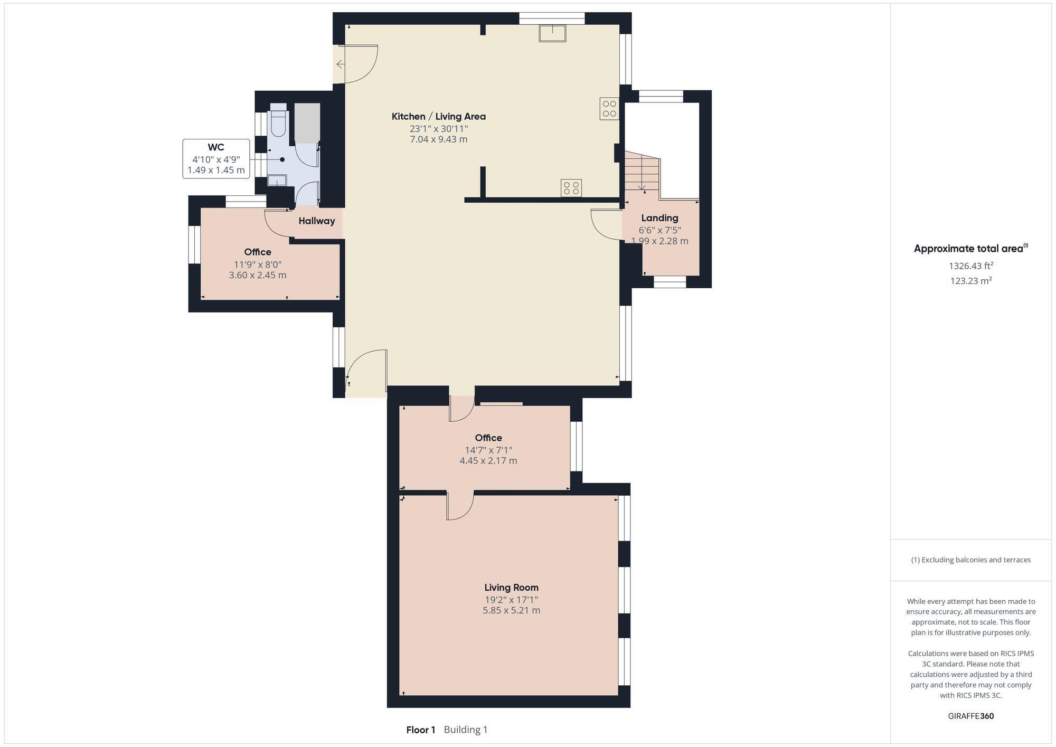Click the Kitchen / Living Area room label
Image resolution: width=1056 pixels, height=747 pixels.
(438, 117)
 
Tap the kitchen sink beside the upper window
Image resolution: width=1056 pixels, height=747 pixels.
(552, 33)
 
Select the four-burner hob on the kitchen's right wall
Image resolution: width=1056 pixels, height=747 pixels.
(609, 109)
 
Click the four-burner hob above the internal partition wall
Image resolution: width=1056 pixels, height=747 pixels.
(571, 188)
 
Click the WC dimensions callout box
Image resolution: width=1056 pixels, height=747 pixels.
(216, 159)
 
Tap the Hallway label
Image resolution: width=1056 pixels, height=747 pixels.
(316, 221)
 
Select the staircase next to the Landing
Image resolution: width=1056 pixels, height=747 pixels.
(642, 172)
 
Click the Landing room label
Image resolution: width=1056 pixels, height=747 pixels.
(659, 218)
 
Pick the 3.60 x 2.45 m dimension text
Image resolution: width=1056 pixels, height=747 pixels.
(258, 275)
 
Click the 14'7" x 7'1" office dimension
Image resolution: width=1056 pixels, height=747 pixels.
(488, 450)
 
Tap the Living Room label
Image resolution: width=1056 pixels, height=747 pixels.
(511, 588)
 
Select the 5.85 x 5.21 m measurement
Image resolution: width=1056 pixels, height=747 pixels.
(511, 610)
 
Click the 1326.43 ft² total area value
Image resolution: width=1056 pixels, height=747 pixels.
(970, 266)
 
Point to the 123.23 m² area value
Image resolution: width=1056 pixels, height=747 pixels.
(970, 281)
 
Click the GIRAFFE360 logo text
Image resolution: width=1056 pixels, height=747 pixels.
(970, 716)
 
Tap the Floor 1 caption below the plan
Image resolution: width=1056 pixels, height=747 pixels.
(420, 730)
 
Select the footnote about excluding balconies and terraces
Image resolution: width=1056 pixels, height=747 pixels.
(970, 560)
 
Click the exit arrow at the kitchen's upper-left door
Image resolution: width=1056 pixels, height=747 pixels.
(340, 64)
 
